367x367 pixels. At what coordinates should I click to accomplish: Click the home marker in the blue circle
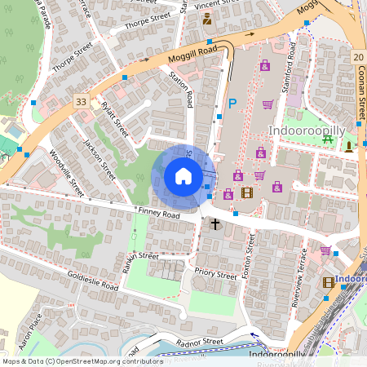pyautogui.click(x=183, y=176)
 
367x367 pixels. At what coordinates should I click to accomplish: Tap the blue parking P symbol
pyautogui.click(x=232, y=104)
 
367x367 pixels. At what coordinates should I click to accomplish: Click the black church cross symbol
pyautogui.click(x=216, y=223)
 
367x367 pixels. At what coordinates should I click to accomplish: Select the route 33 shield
pyautogui.click(x=80, y=101)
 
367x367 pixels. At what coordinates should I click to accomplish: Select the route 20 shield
pyautogui.click(x=358, y=56)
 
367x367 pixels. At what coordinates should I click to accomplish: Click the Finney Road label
pyautogui.click(x=158, y=214)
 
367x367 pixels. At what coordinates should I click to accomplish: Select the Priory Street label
pyautogui.click(x=215, y=273)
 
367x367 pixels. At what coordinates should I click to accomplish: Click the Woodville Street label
pyautogui.click(x=67, y=173)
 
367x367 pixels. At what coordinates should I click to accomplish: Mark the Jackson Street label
pyautogui.click(x=99, y=159)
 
